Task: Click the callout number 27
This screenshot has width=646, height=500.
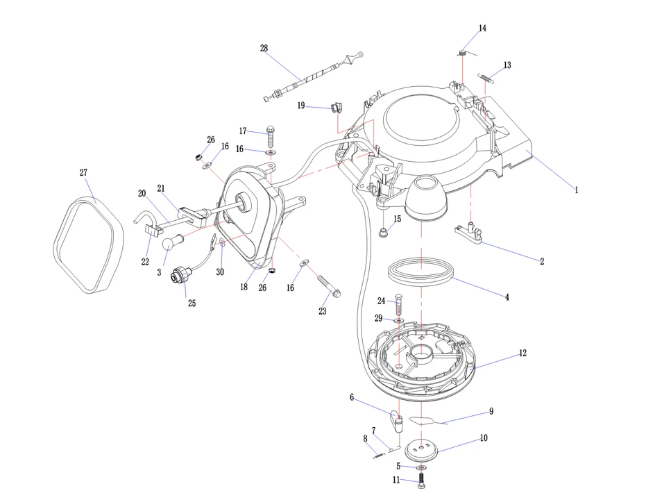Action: [83, 173]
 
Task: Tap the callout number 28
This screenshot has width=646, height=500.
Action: [264, 48]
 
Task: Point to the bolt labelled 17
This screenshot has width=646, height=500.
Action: [270, 136]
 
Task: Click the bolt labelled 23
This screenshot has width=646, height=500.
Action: [328, 285]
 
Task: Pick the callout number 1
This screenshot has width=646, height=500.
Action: [575, 189]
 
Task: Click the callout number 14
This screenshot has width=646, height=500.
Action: [482, 28]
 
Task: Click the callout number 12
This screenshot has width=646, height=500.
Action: [522, 353]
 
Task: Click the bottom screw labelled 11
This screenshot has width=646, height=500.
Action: [421, 479]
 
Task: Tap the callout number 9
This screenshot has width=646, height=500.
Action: [491, 411]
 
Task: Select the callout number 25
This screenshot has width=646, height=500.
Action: [192, 303]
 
